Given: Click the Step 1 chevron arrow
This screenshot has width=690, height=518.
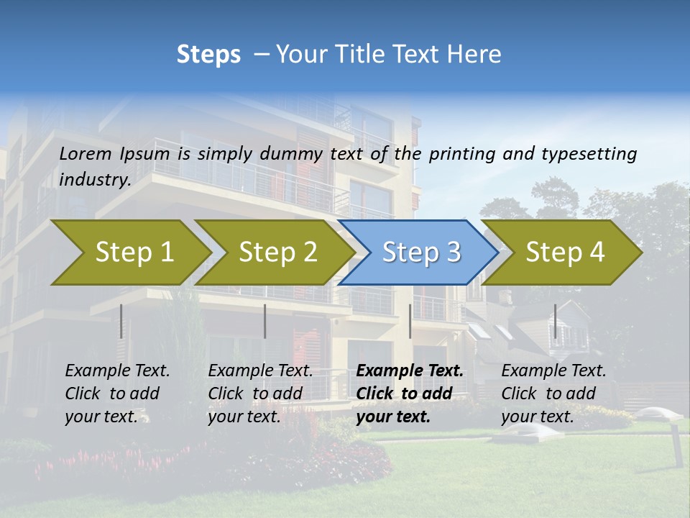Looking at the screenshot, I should tap(134, 253).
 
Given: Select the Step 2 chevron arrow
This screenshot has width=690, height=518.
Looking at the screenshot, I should tap(277, 253).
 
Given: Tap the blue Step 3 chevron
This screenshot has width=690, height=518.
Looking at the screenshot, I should tap(421, 253).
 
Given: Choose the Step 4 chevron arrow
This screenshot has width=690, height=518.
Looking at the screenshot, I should tap(565, 253).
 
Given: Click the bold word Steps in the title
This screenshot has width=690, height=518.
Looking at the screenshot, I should tap(208, 55).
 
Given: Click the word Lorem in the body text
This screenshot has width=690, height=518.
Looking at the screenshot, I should tap(86, 154).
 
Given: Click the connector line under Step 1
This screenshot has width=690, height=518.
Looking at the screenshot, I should tap(121, 321).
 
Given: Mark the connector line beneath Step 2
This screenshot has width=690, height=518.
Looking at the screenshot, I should tap(265, 321).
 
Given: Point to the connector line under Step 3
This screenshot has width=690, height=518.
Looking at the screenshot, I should tap(410, 321).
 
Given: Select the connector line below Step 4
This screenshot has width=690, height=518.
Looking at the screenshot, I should tap(555, 321).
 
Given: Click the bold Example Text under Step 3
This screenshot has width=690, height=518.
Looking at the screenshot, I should tap(410, 371).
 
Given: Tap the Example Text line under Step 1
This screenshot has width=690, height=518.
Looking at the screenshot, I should tap(118, 371).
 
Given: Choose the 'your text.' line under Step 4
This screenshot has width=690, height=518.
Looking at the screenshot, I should tap(537, 417).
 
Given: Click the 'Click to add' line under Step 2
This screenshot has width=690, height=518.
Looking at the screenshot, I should tap(255, 394).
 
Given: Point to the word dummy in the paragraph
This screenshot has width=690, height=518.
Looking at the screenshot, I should tap(292, 154).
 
